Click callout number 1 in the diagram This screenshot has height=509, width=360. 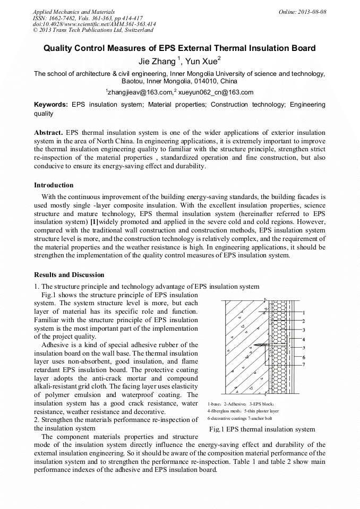tap(303, 313)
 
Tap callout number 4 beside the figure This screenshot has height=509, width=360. tap(303, 339)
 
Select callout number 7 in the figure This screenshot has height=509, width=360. tap(303, 365)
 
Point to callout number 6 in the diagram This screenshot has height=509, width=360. tap(303, 357)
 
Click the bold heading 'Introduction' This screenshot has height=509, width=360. tap(54, 185)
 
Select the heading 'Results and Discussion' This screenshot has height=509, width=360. tap(69, 275)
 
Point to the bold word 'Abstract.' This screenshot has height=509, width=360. tap(48, 132)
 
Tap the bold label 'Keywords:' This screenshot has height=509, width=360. tap(51, 105)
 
